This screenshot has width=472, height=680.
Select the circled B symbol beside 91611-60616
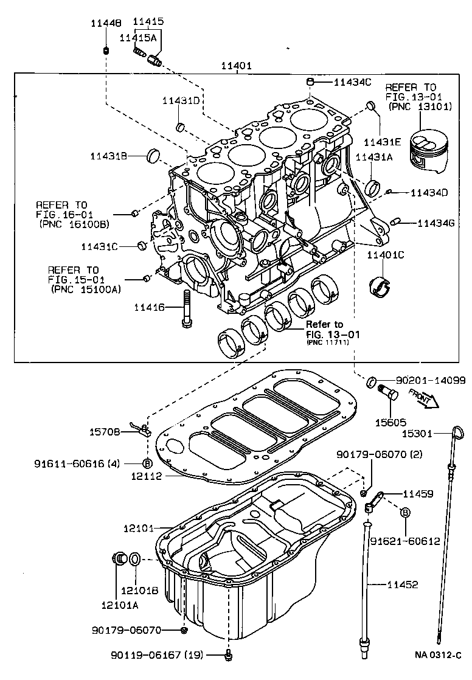coord(146,463)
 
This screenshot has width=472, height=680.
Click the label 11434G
coord(436,223)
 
